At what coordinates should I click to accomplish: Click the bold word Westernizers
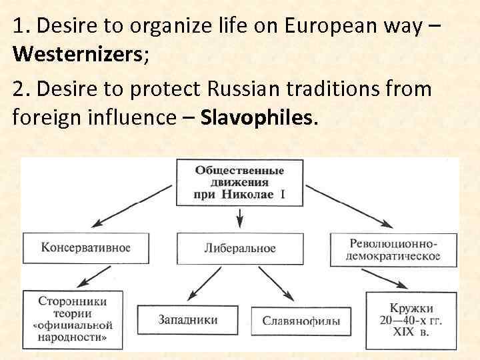click(75, 54)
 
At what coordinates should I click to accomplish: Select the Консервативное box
click(85, 248)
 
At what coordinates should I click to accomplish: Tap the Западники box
click(187, 321)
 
